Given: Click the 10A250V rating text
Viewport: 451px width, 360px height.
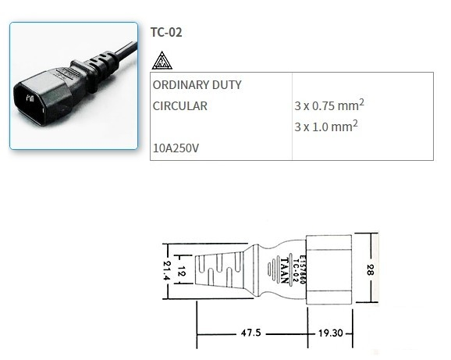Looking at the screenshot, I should coord(177,147).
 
